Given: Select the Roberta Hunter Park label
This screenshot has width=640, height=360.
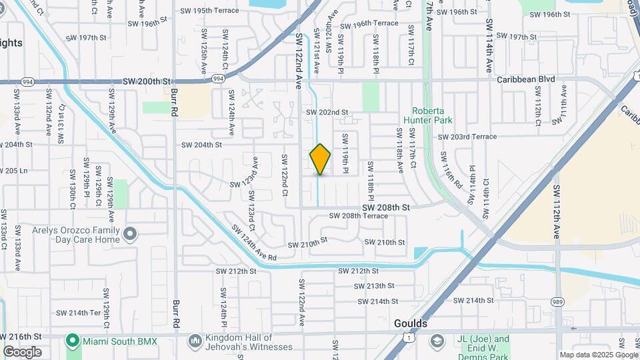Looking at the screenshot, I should (432, 115).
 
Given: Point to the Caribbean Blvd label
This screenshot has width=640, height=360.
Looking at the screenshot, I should (526, 79).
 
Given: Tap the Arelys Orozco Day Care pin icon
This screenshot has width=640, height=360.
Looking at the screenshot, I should (130, 234).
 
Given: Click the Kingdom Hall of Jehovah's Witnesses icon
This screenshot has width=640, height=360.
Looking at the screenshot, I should (195, 341).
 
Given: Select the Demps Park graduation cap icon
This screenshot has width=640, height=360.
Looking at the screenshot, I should (437, 342).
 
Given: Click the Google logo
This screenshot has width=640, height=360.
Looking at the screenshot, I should (22, 352).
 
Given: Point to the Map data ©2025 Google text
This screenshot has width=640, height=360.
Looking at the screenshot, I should (598, 355).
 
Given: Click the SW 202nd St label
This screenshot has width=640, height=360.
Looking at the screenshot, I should (327, 113).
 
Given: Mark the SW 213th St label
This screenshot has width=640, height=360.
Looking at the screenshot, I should (376, 286).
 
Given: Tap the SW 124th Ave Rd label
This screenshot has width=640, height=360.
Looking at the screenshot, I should (254, 244).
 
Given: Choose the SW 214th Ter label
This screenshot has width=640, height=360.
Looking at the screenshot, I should (78, 313).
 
